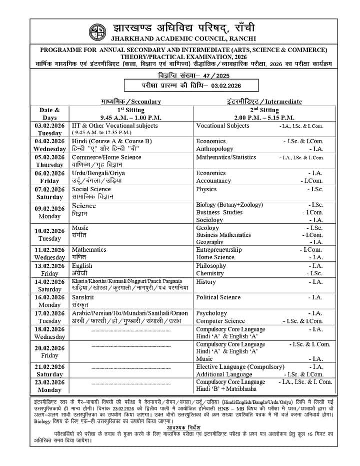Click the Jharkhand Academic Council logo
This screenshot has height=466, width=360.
pos(97,32)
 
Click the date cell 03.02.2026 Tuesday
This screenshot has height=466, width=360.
pos(49,129)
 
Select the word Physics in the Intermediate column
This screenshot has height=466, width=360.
pos(206,189)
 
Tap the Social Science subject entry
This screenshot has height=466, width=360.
pos(91,189)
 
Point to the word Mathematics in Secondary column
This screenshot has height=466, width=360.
pos(89,249)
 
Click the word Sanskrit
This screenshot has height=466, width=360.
pos(83,297)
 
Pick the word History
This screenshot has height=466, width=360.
pos(206,282)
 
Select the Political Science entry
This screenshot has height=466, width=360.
pos(218,297)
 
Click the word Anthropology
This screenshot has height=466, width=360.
pos(214,149)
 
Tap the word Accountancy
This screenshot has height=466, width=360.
pos(213,181)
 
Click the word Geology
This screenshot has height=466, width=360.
pos(207,228)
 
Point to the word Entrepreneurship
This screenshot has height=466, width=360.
pos(219,249)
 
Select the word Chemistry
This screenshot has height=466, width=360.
pos(210,273)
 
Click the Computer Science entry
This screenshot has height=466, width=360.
pos(220,321)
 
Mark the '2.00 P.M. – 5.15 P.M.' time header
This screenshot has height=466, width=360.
pos(263,118)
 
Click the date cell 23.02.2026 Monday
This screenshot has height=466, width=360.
pos(49,386)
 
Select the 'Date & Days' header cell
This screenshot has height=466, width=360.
pos(49,114)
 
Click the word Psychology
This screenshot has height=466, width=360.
pos(211,313)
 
